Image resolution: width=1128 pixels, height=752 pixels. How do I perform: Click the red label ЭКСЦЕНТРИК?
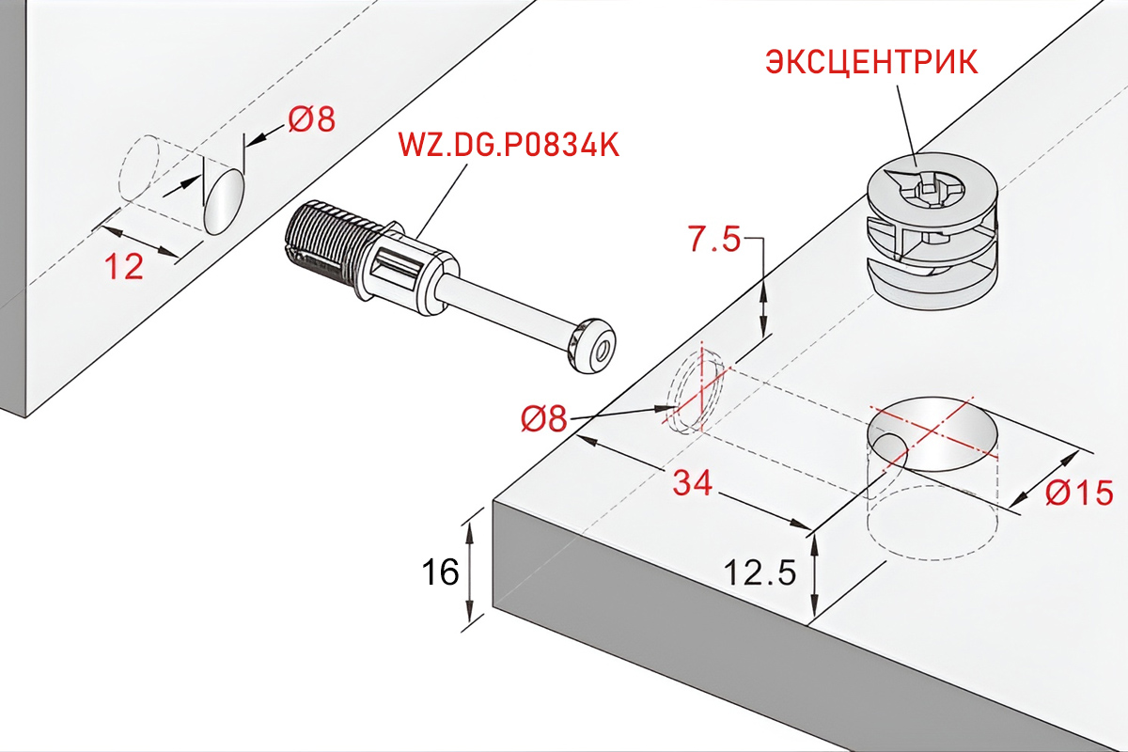click(871, 62)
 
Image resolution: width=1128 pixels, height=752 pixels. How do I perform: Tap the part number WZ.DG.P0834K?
click(509, 145)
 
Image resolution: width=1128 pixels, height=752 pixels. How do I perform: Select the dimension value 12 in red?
click(124, 266)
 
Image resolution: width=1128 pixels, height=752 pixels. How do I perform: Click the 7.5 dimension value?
click(714, 239)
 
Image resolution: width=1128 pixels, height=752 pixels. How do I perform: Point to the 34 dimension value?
click(693, 482)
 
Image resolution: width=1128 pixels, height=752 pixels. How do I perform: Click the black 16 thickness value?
click(441, 572)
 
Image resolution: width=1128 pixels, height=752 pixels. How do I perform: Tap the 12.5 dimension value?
click(760, 572)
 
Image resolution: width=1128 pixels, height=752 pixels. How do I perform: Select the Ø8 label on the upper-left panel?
click(312, 119)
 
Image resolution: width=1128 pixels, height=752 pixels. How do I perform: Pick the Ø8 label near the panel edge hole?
click(544, 418)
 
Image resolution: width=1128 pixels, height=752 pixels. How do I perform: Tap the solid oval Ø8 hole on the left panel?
click(224, 201)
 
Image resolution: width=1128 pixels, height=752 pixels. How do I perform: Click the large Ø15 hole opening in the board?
click(932, 434)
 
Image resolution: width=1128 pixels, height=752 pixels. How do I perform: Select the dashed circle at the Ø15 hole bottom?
click(932, 523)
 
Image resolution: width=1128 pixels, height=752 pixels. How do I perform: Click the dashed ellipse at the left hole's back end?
click(139, 168)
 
